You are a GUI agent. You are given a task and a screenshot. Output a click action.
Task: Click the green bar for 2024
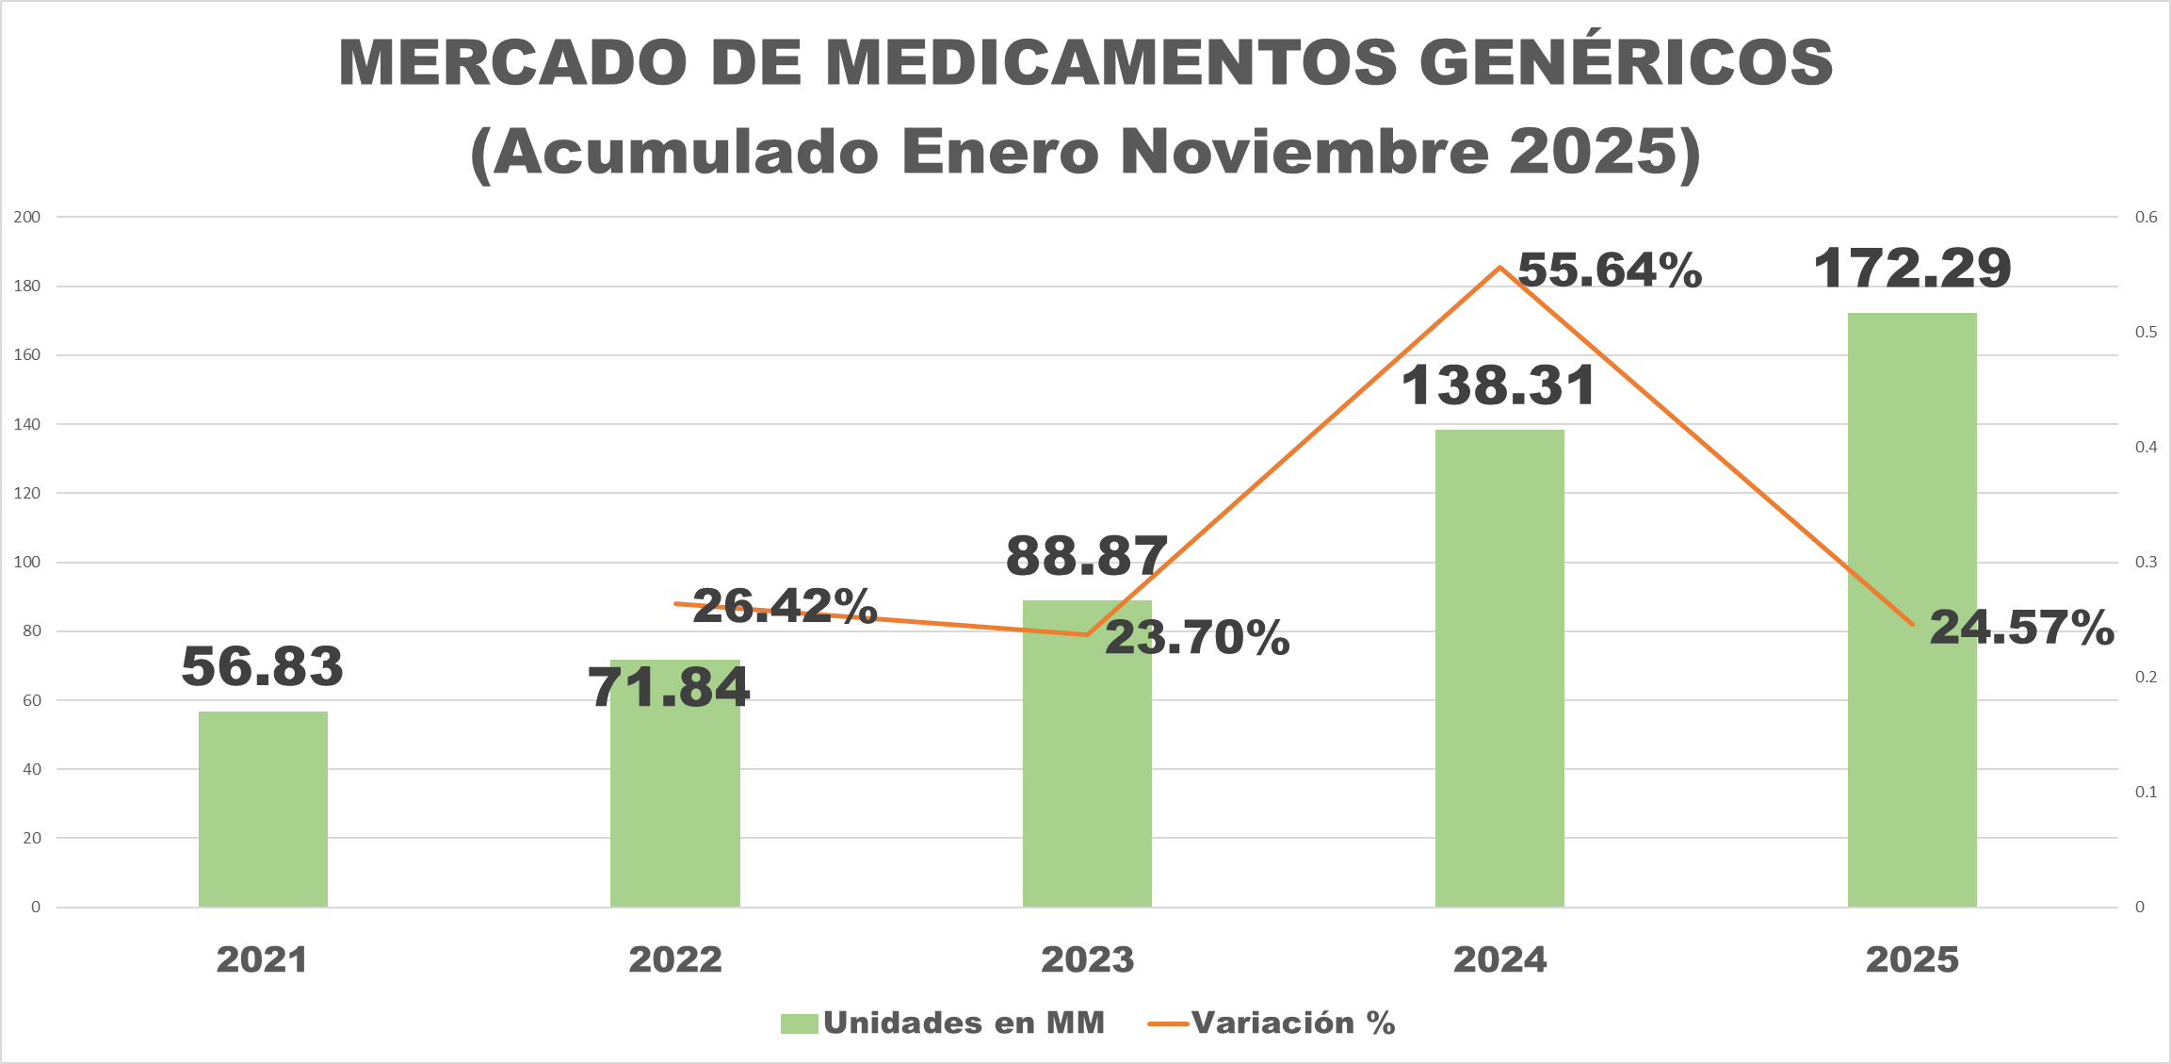[x=1499, y=669]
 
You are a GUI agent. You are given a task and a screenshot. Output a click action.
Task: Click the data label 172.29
[x=1912, y=269]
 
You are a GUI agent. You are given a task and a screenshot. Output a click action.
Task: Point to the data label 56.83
[x=263, y=666]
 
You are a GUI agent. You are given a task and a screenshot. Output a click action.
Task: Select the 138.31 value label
[x=1499, y=386]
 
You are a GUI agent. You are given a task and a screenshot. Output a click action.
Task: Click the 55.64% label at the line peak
[x=1610, y=270]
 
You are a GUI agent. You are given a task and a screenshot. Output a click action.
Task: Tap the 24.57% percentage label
[x=2021, y=628]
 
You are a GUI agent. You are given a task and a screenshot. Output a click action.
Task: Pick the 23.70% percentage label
[x=1197, y=638]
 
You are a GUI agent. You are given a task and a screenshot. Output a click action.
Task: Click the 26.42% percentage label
[x=785, y=606]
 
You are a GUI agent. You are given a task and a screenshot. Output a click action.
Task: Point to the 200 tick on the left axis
[x=27, y=217]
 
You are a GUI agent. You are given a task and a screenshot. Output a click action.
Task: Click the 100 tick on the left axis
[x=27, y=563]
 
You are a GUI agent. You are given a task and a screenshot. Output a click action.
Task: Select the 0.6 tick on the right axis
[x=2146, y=217]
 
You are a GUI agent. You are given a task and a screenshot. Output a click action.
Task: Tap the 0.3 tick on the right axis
[x=2146, y=563]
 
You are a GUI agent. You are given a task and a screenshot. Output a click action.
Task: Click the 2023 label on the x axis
[x=1087, y=960]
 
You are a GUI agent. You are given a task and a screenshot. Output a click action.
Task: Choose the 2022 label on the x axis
[x=675, y=960]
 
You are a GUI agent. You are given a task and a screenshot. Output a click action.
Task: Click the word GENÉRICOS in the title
[x=1626, y=63]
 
